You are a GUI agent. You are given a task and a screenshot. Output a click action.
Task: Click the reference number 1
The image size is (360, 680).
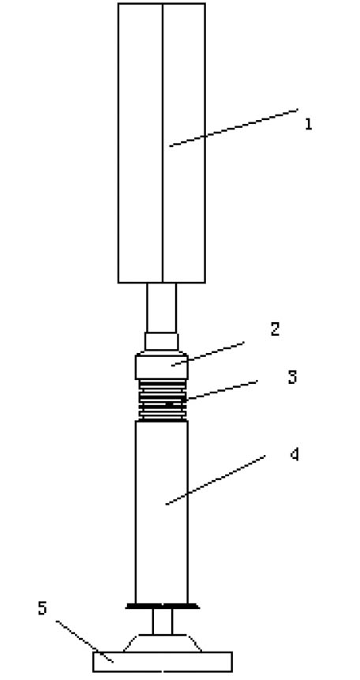[x=309, y=124]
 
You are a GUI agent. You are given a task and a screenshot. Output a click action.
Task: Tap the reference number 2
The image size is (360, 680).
[x=275, y=329]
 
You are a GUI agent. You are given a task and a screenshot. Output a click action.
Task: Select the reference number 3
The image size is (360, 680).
[x=293, y=378]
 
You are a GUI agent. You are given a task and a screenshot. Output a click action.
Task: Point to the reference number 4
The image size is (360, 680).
[x=294, y=454]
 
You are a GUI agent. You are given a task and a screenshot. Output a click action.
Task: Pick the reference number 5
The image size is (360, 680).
[x=42, y=608]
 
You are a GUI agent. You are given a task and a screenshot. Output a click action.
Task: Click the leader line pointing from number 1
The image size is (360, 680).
[x=234, y=127]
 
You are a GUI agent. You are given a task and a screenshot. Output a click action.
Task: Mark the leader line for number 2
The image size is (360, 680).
[x=208, y=354]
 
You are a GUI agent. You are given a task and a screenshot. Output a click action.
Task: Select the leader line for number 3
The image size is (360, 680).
[x=222, y=390]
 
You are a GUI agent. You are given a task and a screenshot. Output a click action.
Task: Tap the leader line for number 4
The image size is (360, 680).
[x=216, y=479]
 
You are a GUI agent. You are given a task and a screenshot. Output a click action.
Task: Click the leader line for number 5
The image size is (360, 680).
[x=84, y=641]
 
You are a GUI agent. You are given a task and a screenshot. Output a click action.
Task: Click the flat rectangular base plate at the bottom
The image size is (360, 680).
[x=162, y=662]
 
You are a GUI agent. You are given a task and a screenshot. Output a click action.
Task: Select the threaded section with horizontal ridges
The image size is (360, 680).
[x=163, y=400]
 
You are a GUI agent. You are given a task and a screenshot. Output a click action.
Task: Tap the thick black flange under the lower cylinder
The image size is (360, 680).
[x=162, y=606]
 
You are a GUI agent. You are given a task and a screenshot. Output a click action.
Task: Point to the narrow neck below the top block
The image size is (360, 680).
[x=161, y=308]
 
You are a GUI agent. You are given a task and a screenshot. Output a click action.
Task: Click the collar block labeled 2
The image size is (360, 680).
[x=161, y=367]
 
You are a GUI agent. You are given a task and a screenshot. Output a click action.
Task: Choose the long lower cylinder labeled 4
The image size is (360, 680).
[x=162, y=512]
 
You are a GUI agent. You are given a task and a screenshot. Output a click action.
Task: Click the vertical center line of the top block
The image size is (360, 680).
[x=163, y=143]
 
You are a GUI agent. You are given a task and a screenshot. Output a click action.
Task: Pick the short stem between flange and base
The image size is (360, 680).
[x=162, y=622]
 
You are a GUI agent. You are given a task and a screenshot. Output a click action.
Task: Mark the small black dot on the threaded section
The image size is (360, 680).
[x=169, y=404]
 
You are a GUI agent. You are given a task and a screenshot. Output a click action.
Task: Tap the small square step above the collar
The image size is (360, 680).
[x=161, y=341]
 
